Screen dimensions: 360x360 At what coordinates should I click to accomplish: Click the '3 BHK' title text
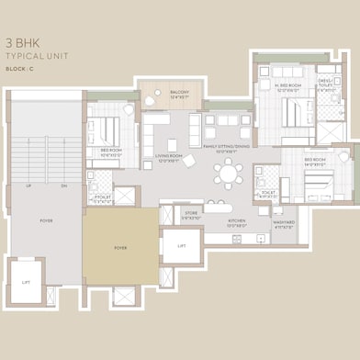23,42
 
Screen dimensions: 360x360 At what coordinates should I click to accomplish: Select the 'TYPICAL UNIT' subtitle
37,56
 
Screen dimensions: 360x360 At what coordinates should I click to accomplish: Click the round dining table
227,172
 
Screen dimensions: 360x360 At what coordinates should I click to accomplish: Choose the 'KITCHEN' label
238,221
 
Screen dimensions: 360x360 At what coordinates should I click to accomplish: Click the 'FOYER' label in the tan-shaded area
120,247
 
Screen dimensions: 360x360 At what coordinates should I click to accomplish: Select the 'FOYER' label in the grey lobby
45,220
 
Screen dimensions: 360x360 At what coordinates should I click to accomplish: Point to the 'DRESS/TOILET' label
328,84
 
